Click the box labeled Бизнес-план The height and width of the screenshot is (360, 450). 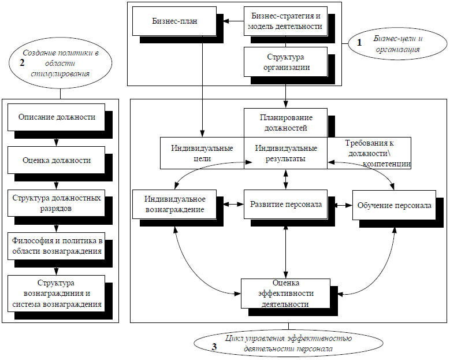tap(174, 21)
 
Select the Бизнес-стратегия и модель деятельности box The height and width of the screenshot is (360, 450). tap(285, 21)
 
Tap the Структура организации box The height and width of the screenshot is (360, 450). tap(285, 62)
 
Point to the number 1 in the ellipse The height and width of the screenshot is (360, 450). tap(359, 43)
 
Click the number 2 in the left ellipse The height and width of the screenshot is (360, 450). tap(22, 62)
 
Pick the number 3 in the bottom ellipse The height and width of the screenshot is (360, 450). tap(214, 347)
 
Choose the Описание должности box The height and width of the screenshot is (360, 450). tap(56, 117)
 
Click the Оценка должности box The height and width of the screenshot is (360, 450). tap(56, 160)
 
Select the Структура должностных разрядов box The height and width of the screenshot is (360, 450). tap(56, 203)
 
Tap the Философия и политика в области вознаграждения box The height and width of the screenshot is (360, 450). tap(56, 246)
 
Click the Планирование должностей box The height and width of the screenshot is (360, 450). tap(285, 123)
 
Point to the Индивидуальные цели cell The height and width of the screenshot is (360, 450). tap(202, 153)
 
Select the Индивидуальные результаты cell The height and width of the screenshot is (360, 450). tap(285, 153)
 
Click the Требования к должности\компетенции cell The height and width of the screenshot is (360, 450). tap(369, 153)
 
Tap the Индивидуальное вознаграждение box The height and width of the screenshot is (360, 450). tap(174, 204)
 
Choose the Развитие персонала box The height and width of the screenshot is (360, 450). tap(285, 204)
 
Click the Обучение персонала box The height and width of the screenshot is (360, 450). tap(394, 205)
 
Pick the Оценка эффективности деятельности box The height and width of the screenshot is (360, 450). tap(285, 294)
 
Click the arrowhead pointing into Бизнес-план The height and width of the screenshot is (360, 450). tap(226, 21)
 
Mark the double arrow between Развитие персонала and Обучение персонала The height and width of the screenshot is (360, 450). tap(344, 205)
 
